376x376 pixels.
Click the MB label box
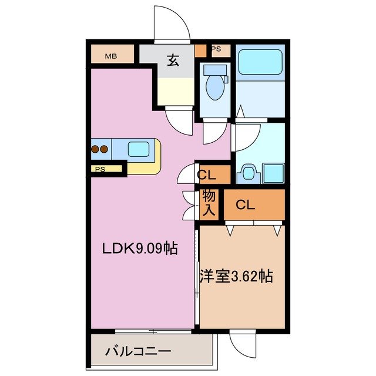[x=110, y=56]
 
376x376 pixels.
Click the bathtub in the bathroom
[x=260, y=65]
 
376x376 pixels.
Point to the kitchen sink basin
[x=138, y=150]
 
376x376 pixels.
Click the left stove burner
[x=95, y=149]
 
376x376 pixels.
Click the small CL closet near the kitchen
[x=206, y=174]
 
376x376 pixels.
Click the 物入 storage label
[x=209, y=204]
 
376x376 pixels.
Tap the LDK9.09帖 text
[x=140, y=249]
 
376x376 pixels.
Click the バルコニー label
[x=138, y=352]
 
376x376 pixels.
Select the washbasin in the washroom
[x=247, y=173]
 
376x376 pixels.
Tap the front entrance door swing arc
[x=172, y=23]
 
